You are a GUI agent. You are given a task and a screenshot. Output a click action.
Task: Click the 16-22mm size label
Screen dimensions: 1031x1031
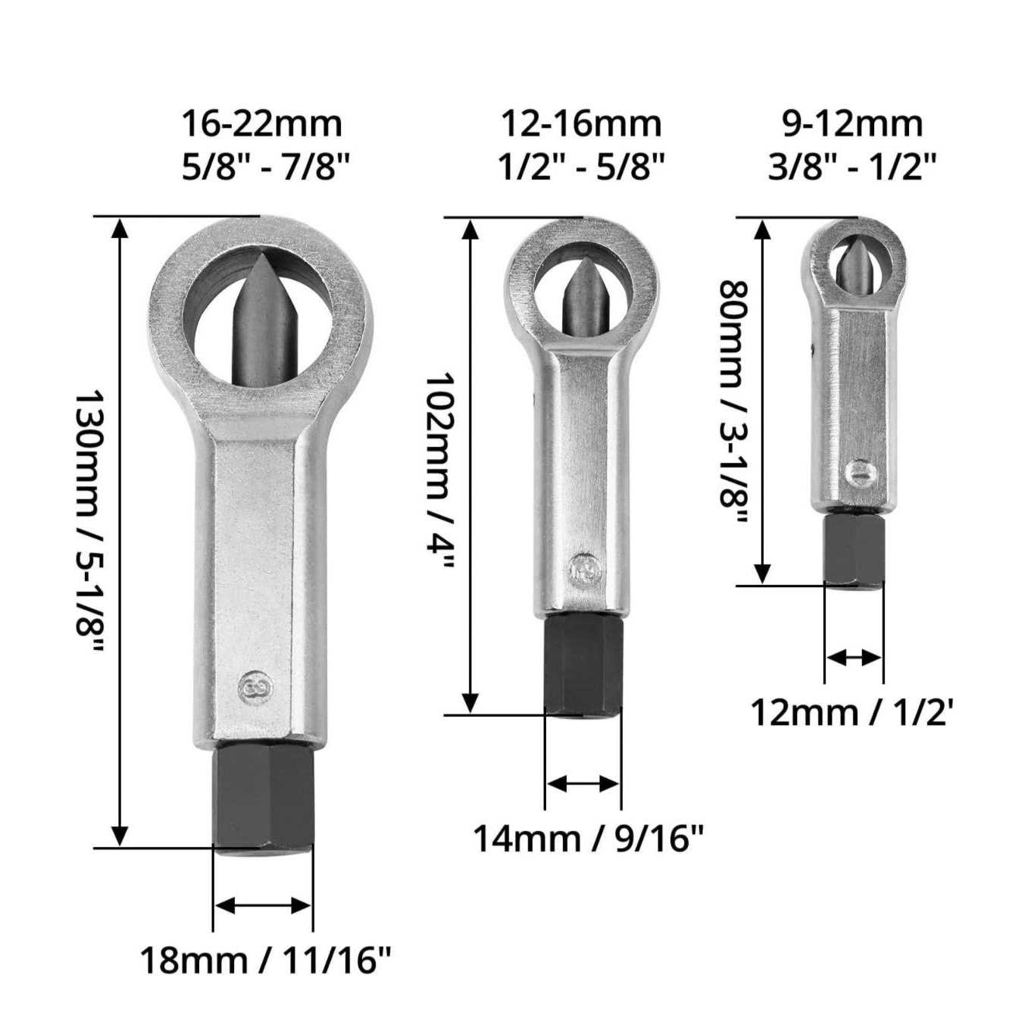pyautogui.click(x=261, y=124)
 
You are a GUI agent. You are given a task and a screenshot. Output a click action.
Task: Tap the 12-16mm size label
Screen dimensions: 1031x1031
pyautogui.click(x=581, y=124)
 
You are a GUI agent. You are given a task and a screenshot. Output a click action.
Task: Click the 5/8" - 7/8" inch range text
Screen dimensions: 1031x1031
pyautogui.click(x=265, y=167)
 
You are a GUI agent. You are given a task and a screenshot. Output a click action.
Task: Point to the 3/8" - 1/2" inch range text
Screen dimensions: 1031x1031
pyautogui.click(x=852, y=167)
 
